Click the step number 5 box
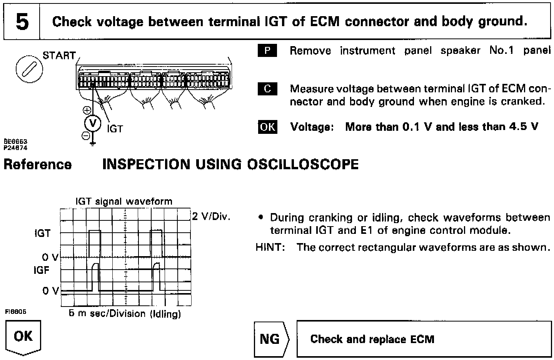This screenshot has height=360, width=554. tap(22, 22)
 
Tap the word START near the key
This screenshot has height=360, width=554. tap(59, 56)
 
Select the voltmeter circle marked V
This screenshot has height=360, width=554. tap(93, 123)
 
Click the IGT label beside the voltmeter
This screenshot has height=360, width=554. tap(115, 129)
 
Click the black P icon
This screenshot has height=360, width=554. tap(267, 51)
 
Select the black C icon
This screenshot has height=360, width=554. tap(267, 89)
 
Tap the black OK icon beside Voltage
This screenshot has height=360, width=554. tap(267, 127)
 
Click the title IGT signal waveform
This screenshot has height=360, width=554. tap(124, 201)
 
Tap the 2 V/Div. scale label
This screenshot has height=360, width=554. tap(211, 217)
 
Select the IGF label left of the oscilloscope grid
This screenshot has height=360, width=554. tap(42, 270)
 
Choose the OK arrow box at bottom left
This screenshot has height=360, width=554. tap(23, 337)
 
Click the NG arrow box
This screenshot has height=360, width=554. tap(270, 339)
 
